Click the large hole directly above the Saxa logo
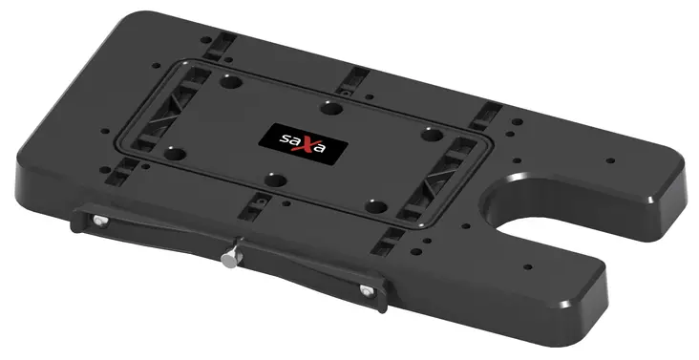pos(330,107)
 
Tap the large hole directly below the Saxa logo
pos(273,178)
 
